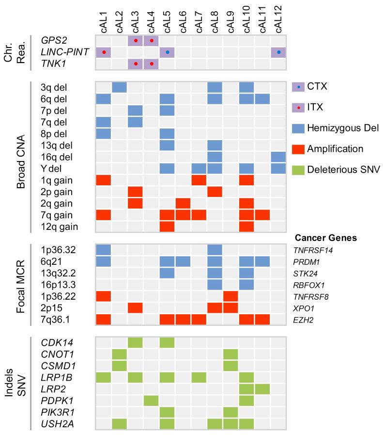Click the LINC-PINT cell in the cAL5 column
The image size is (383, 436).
(167, 52)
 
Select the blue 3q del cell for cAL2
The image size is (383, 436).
(120, 87)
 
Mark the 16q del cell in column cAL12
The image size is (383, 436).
(278, 157)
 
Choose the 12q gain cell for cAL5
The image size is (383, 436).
(167, 226)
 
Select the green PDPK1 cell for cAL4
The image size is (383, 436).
(152, 401)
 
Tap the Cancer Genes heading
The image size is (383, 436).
(325, 237)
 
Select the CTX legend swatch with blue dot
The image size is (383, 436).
(300, 86)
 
